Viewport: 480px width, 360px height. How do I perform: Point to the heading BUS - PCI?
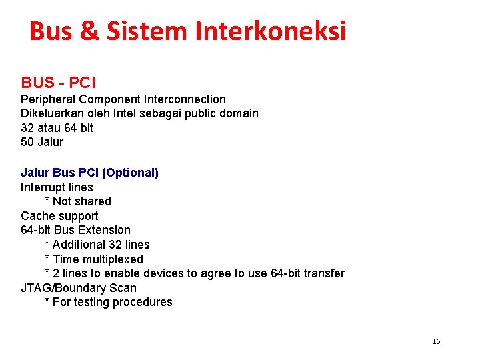[59, 83]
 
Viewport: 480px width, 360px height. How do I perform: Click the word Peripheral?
[49, 99]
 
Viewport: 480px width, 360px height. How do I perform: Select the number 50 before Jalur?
[28, 142]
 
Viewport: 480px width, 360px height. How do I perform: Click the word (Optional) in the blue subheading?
[130, 173]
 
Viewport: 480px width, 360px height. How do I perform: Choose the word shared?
[93, 201]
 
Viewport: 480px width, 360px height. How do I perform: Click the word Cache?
[37, 216]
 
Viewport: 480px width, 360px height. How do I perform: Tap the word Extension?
[105, 230]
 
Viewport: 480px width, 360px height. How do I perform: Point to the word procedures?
[142, 303]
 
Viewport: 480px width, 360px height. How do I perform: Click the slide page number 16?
[436, 341]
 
